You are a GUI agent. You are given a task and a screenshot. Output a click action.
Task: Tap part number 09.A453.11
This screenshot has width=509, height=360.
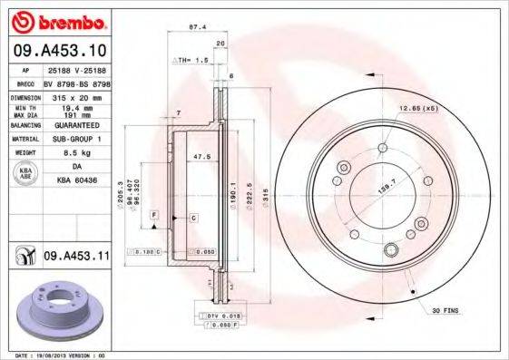[76, 258]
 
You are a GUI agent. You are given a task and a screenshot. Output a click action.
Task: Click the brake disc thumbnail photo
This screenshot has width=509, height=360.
[57, 313]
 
